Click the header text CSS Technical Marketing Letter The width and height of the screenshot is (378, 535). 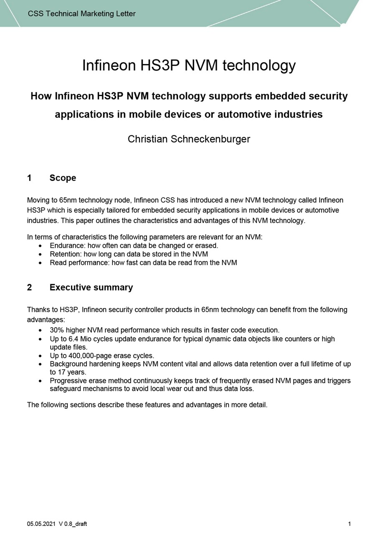pos(81,14)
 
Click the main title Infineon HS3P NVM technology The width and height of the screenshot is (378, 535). pos(189,66)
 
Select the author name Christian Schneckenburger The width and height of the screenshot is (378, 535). pos(189,139)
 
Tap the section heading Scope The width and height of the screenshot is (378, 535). pos(63,178)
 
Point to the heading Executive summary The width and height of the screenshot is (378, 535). pos(91,288)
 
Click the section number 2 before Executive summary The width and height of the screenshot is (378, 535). pos(29,288)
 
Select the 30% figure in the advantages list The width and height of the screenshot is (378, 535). pos(57,330)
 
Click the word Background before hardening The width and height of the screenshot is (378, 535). pos(68,364)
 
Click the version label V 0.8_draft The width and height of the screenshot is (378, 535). pos(73,524)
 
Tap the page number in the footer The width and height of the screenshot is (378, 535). pos(349,524)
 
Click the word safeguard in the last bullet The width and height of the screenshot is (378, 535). pos(66,389)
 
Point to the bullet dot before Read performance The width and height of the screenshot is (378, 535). pos(40,263)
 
